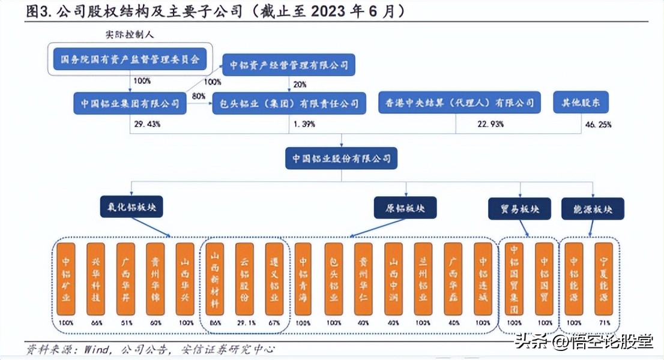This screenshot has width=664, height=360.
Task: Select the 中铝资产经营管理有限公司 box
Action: [x=289, y=65]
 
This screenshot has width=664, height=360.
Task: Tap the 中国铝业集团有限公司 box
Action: [x=130, y=103]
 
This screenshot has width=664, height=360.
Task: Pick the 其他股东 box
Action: [x=581, y=103]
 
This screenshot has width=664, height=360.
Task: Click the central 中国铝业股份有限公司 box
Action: [x=341, y=159]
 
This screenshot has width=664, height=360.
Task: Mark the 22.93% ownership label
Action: [x=491, y=124]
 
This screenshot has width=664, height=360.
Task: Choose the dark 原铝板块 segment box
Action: [x=406, y=208]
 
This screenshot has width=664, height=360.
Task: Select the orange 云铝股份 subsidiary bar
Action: [x=245, y=279]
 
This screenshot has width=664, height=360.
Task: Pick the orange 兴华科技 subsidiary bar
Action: [x=96, y=279]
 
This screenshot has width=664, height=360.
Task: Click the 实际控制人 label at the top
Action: [x=130, y=35]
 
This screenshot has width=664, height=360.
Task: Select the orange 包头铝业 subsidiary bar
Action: [x=334, y=279]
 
